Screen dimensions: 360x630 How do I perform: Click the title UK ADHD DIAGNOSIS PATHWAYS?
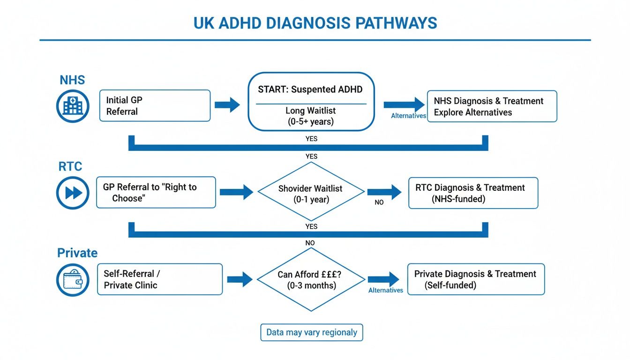pos(315,23)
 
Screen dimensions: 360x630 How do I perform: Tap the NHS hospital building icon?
pos(72,106)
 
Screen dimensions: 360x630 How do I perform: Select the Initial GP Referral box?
pos(155,106)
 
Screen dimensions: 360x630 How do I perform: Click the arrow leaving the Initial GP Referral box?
pos(227,105)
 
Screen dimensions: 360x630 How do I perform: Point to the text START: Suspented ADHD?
pos(310,90)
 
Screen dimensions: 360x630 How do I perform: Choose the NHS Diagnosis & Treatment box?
pos(492,106)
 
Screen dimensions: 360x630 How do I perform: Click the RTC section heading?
pos(70,166)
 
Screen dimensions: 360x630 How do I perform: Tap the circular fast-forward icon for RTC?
pos(72,193)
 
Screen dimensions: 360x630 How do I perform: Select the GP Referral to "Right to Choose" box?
pos(156,192)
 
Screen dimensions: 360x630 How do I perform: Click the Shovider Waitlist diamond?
pos(311,192)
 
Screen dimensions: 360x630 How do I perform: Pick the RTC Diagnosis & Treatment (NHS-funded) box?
pos(473,193)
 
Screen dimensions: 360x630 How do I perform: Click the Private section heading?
pos(77,253)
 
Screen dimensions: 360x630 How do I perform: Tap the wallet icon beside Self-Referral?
pos(72,280)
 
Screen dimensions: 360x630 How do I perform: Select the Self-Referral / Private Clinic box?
pos(159,279)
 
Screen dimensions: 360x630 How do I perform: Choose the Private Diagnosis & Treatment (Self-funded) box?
pos(476,279)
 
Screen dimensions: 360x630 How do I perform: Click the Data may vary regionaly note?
pos(312,332)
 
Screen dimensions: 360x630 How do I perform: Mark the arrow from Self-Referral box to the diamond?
pos(240,280)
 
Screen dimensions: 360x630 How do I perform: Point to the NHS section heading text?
pos(72,80)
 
